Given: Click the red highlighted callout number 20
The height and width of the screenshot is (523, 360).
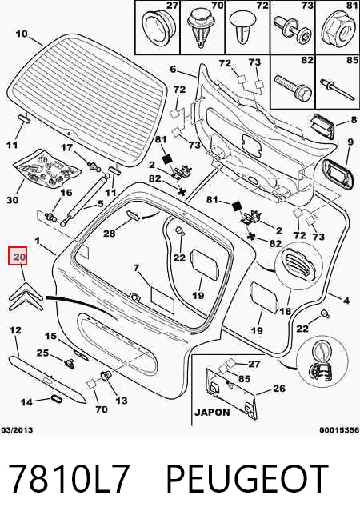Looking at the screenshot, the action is (x=18, y=256).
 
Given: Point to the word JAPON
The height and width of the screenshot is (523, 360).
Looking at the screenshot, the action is (x=212, y=413).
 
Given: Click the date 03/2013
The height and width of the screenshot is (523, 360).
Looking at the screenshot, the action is (x=17, y=430).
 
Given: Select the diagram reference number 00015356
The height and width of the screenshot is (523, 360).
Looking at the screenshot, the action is (x=339, y=430).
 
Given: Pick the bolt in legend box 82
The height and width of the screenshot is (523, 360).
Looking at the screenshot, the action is (x=294, y=86).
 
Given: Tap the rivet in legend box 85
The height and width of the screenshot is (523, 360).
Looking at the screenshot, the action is (x=336, y=88).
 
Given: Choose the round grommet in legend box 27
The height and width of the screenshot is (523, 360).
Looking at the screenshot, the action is (x=157, y=27).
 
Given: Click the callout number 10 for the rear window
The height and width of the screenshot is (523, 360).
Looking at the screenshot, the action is (x=22, y=34).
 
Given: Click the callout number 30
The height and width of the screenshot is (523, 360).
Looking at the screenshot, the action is (x=12, y=200).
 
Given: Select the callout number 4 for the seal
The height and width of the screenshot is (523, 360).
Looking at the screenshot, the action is (x=346, y=301).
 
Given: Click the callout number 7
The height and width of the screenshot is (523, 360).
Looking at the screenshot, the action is (x=136, y=268).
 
